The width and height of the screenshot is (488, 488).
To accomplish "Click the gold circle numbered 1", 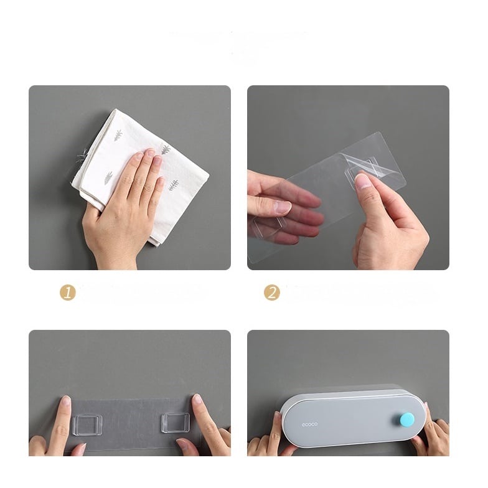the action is click(68, 293).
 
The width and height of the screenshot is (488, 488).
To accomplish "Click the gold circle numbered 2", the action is click(271, 293).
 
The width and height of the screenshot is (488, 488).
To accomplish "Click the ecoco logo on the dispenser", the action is click(310, 425).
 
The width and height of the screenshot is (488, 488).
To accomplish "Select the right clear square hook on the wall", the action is click(176, 422).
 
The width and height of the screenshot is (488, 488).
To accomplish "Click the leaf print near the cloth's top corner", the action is click(118, 136).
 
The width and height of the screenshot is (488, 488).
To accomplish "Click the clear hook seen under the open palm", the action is click(270, 225).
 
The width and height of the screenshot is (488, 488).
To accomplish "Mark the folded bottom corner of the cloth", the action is click(154, 242).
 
